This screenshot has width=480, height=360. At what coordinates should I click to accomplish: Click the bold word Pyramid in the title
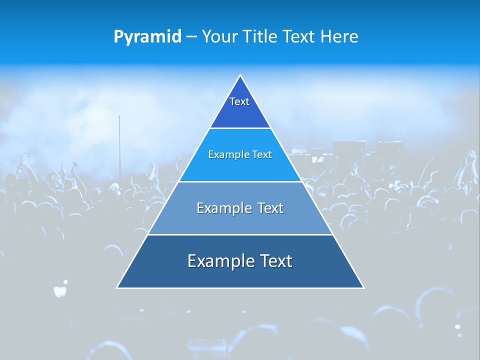point(147,37)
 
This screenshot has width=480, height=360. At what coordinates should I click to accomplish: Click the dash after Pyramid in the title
point(191,37)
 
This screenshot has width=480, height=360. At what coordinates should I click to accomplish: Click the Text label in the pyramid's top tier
point(239,101)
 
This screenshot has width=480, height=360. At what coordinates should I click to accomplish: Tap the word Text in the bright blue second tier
point(262,155)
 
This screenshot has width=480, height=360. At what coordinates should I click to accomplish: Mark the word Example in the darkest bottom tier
point(220,261)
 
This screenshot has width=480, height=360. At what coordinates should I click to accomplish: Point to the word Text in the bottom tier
point(274,261)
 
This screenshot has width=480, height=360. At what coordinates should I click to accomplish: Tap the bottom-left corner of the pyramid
point(117,287)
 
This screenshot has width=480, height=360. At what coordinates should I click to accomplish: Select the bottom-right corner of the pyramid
point(363,287)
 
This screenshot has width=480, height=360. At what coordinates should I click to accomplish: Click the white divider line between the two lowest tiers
point(240,234)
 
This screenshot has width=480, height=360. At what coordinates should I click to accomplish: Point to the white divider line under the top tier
point(240,128)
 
